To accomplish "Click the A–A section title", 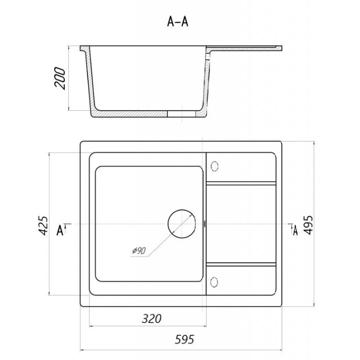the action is [x=178, y=22].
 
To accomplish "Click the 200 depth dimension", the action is [x=60, y=78].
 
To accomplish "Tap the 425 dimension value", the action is [x=43, y=225].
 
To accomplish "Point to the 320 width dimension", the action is [x=152, y=319].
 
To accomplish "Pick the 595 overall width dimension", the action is [x=184, y=339].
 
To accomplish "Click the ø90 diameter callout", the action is [x=139, y=251].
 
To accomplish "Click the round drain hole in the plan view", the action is [x=182, y=224].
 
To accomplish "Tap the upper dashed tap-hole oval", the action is [x=215, y=166].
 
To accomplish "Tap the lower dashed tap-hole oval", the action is [x=214, y=282].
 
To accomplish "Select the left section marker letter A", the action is [x=60, y=230].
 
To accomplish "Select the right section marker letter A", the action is [x=295, y=230].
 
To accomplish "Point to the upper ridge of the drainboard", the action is [x=241, y=183].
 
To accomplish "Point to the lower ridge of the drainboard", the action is [x=241, y=264].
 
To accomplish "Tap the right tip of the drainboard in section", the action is [x=282, y=49].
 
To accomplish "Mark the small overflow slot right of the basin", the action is [x=204, y=223].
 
